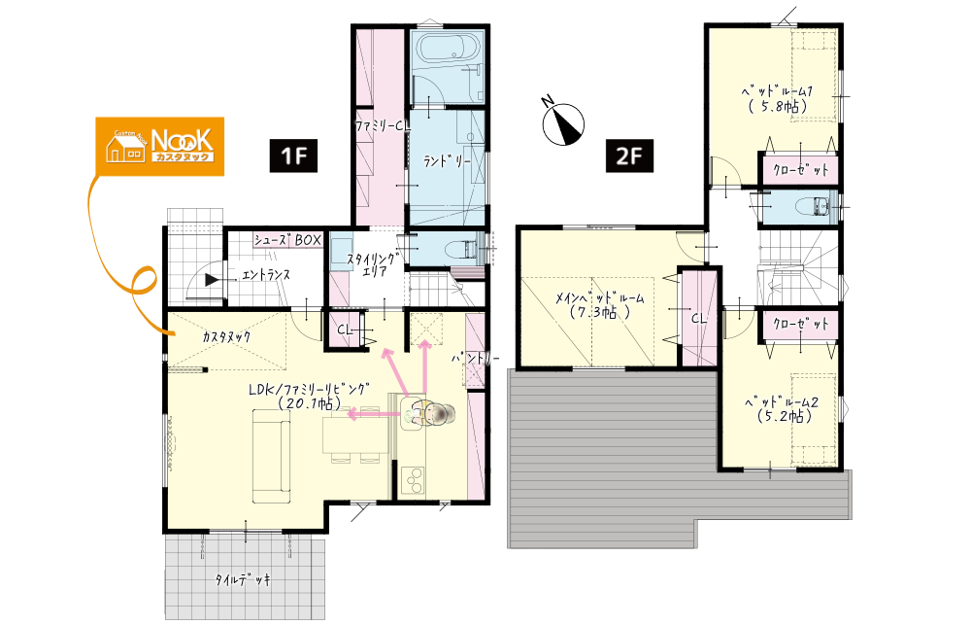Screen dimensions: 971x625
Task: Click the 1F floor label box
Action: pyautogui.click(x=293, y=155)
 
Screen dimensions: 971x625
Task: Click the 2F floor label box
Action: pyautogui.click(x=629, y=155)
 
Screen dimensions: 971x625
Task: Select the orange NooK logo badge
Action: pyautogui.click(x=160, y=147)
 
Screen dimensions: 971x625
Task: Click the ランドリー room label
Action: pyautogui.click(x=447, y=161)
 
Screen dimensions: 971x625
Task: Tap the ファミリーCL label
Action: pyautogui.click(x=382, y=125)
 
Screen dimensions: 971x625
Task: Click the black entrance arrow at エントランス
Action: pyautogui.click(x=212, y=280)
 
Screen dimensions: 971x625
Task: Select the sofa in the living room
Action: pyautogui.click(x=271, y=456)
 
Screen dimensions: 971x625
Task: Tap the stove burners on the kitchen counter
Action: pyautogui.click(x=413, y=480)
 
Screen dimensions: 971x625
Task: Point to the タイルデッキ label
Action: pyautogui.click(x=243, y=579)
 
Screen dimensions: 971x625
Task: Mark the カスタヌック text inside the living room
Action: pyautogui.click(x=226, y=336)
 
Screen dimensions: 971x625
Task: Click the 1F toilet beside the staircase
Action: pyautogui.click(x=466, y=248)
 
